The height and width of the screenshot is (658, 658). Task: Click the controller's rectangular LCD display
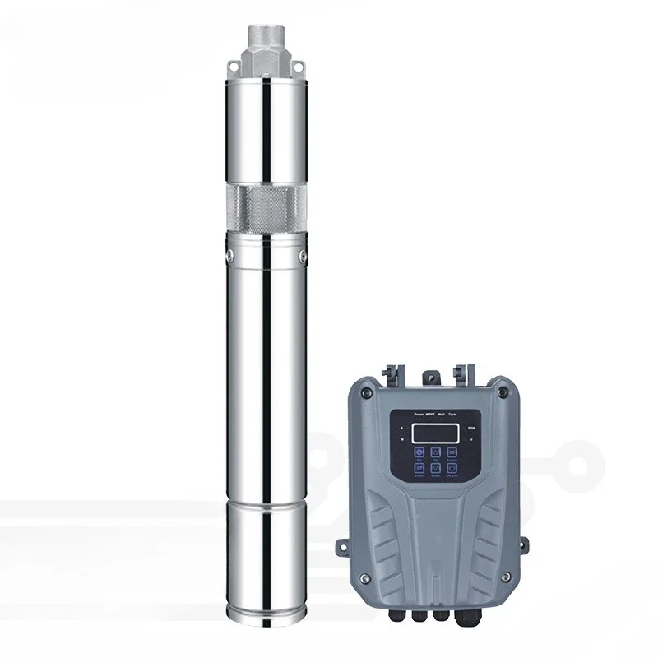tap(435, 433)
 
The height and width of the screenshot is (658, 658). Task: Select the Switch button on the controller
tap(452, 452)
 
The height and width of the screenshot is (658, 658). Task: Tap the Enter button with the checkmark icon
tap(419, 468)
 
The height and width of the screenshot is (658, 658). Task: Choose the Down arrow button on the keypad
tap(435, 468)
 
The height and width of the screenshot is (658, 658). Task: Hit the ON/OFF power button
tap(452, 468)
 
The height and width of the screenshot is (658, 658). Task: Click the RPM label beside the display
tap(471, 428)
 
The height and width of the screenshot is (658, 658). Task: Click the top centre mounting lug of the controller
tap(429, 377)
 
